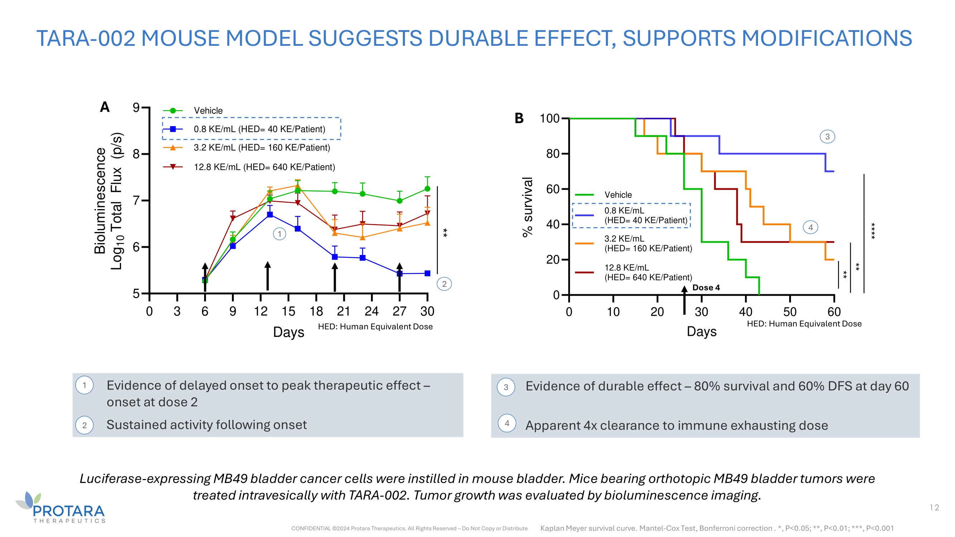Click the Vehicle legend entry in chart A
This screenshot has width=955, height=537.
coord(208,110)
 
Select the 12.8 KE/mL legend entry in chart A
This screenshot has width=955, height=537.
coord(264,167)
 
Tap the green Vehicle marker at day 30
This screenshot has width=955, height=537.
coord(427,189)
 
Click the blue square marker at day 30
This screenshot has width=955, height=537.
coord(427,274)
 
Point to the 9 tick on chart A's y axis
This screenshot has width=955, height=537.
coord(136,108)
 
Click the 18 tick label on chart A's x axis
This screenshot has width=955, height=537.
coord(316,311)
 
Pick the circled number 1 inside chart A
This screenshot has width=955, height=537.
coord(280,234)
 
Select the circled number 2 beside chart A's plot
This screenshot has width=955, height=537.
coord(444,284)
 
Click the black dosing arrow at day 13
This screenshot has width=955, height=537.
coord(268,276)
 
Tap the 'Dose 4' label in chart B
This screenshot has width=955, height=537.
coord(706,287)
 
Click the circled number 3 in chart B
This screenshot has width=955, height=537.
coord(827,137)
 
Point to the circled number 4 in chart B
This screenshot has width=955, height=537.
coord(810,227)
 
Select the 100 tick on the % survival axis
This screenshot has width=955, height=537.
coord(549,118)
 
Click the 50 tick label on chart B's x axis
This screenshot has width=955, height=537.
coord(790,312)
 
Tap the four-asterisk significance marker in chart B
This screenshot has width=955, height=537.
coord(873,231)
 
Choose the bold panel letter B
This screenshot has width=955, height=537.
coord(519,118)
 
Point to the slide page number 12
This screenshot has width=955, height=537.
coord(934,507)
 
